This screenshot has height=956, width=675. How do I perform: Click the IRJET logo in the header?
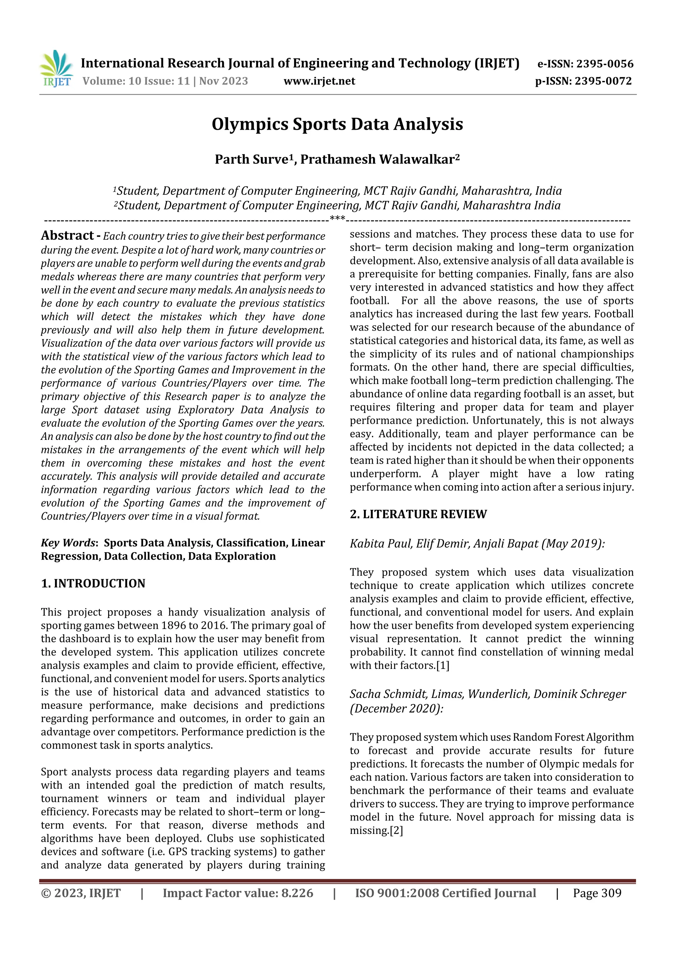pyautogui.click(x=56, y=69)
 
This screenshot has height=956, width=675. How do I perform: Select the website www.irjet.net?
pyautogui.click(x=319, y=81)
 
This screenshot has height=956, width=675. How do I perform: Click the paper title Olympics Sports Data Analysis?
pyautogui.click(x=337, y=124)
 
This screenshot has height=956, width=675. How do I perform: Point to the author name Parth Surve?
pyautogui.click(x=251, y=159)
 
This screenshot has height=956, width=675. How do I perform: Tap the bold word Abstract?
pyautogui.click(x=67, y=236)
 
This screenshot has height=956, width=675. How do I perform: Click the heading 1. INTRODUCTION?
pyautogui.click(x=93, y=583)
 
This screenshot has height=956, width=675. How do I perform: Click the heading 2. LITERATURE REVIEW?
pyautogui.click(x=418, y=514)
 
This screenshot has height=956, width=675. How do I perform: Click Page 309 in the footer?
pyautogui.click(x=597, y=893)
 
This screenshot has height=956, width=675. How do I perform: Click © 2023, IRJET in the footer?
pyautogui.click(x=81, y=893)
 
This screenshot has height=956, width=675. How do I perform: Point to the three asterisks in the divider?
pyautogui.click(x=337, y=218)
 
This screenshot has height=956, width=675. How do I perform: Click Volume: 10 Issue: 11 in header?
pyautogui.click(x=136, y=81)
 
